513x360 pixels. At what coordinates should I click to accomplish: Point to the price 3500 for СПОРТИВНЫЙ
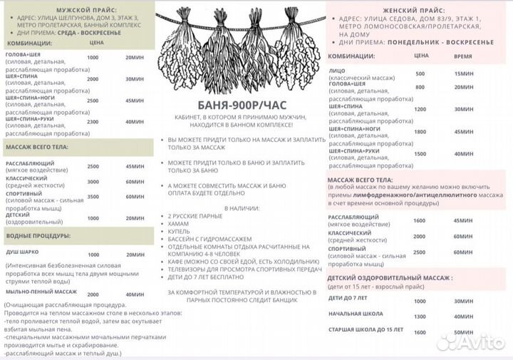(93, 197)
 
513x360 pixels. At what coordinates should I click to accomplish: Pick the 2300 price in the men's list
(93, 121)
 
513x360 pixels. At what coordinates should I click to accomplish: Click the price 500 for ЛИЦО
(420, 73)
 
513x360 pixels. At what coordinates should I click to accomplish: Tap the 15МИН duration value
(463, 73)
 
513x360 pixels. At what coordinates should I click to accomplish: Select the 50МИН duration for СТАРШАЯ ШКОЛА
(463, 331)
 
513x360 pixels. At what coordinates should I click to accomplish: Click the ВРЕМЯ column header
(462, 55)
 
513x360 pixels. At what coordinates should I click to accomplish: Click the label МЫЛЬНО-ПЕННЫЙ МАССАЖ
(41, 292)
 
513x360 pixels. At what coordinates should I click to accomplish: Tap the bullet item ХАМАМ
(179, 224)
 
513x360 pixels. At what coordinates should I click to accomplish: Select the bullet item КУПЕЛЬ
(179, 232)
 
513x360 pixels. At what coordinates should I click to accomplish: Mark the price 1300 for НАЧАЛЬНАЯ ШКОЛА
(420, 316)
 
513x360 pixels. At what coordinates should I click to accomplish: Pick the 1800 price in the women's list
(420, 132)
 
